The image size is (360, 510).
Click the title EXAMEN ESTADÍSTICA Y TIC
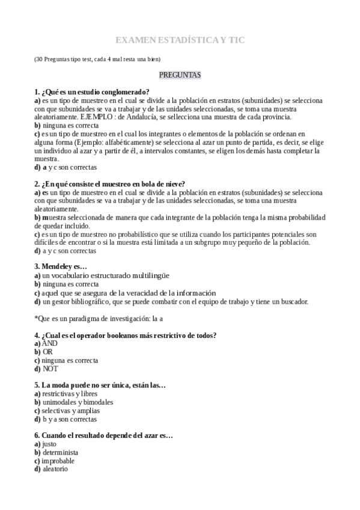click(180, 40)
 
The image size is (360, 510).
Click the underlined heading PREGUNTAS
click(180, 75)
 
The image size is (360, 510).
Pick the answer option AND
click(50, 343)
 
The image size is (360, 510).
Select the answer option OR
click(47, 351)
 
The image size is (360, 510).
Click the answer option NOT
click(50, 369)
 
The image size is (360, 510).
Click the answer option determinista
click(60, 452)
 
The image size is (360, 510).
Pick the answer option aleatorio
click(56, 469)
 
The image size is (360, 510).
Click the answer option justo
click(50, 444)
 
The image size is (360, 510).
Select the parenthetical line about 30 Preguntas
click(97, 59)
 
